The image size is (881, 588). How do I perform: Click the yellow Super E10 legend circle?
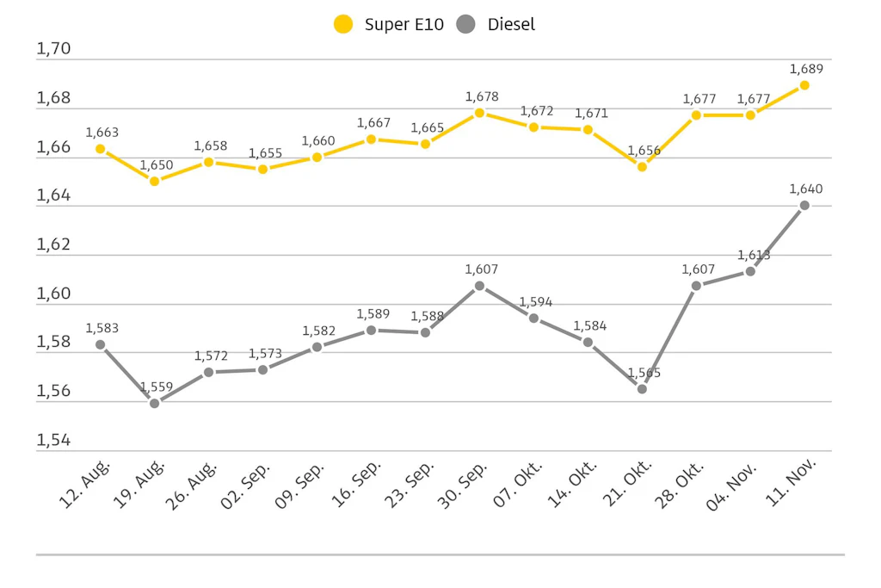pyautogui.click(x=343, y=24)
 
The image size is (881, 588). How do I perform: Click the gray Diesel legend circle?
pyautogui.click(x=465, y=24)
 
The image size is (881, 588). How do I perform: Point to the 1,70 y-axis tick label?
pyautogui.click(x=53, y=49)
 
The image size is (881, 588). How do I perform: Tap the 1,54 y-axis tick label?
pyautogui.click(x=53, y=440)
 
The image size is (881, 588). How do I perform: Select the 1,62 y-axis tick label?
pyautogui.click(x=53, y=244)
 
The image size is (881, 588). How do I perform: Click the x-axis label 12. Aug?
pyautogui.click(x=85, y=484)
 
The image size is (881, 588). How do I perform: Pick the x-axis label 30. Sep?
pyautogui.click(x=463, y=486)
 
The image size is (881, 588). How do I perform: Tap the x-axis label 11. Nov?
pyautogui.click(x=791, y=482)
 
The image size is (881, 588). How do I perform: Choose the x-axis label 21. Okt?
pyautogui.click(x=627, y=484)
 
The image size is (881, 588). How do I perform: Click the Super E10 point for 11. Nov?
pyautogui.click(x=804, y=85)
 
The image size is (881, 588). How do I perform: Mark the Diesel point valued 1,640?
pyautogui.click(x=804, y=206)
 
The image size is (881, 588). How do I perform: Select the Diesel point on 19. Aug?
pyautogui.click(x=155, y=403)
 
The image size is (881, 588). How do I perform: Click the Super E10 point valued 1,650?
pyautogui.click(x=155, y=181)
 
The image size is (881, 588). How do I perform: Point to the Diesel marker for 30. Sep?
pyautogui.click(x=480, y=286)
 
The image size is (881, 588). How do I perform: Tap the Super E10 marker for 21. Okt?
pyautogui.click(x=642, y=166)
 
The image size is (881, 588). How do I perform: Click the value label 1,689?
pyautogui.click(x=806, y=69)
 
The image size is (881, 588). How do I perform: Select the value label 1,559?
pyautogui.click(x=157, y=387)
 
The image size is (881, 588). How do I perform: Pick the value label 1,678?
pyautogui.click(x=482, y=96)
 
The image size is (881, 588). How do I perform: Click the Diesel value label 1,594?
pyautogui.click(x=535, y=302)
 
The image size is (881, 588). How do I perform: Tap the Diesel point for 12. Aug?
pyautogui.click(x=101, y=344)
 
